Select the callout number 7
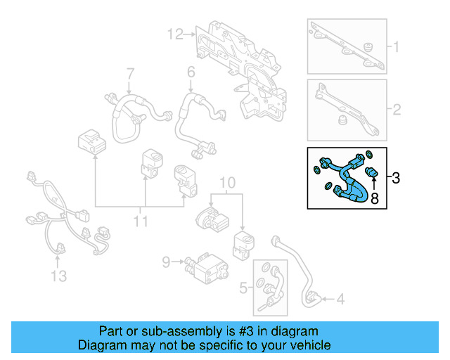[x=129, y=74]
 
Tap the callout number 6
[x=191, y=72]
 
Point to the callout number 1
[x=396, y=48]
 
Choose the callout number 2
[x=396, y=110]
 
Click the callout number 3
[x=396, y=178]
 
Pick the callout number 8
[x=374, y=199]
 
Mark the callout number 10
[x=226, y=184]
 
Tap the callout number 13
[x=59, y=276]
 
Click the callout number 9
[x=166, y=262]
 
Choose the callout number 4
[x=340, y=300]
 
